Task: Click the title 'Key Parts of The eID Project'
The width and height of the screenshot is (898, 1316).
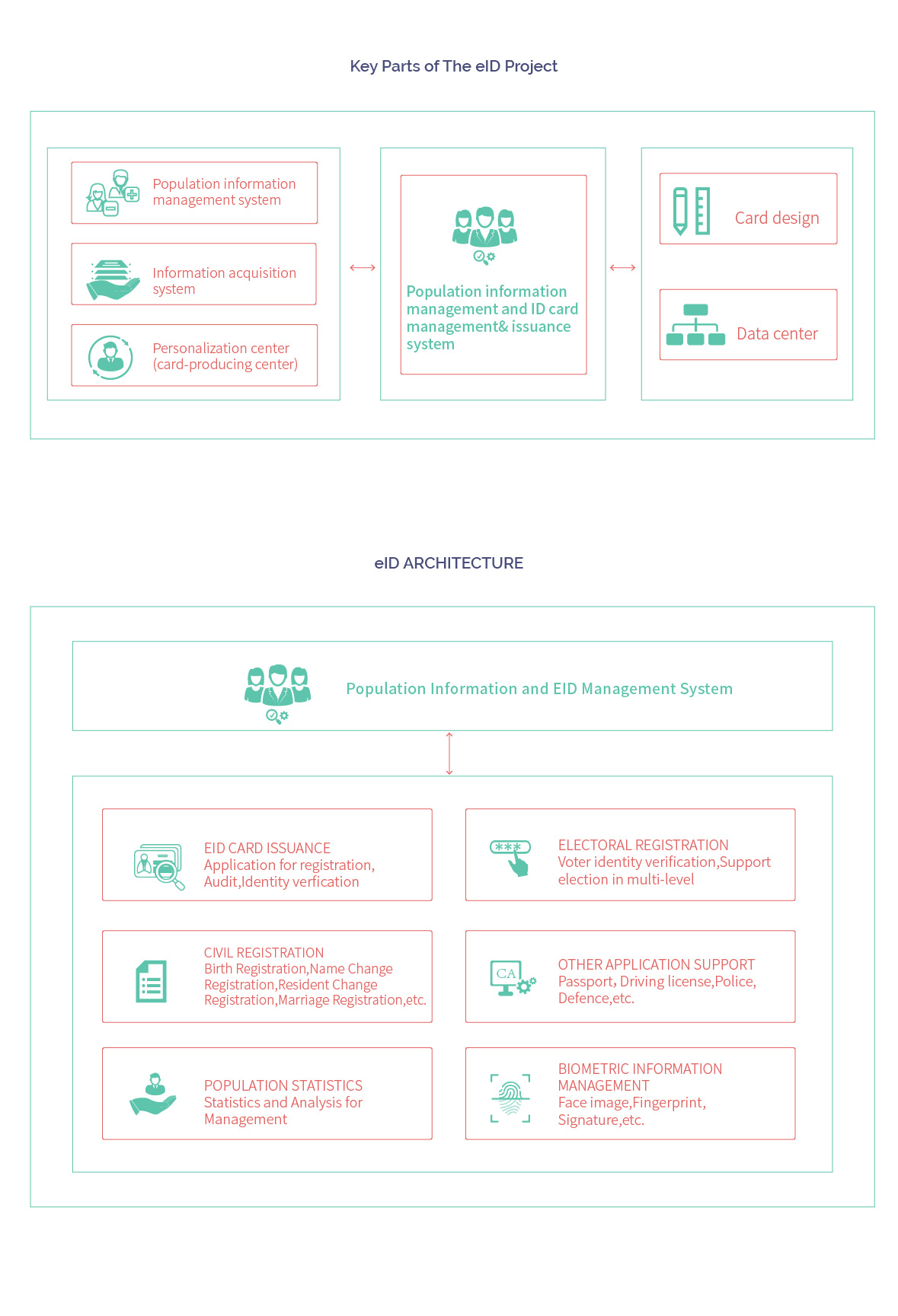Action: pos(453,66)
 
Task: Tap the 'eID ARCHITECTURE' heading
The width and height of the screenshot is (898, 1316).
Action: pos(449,563)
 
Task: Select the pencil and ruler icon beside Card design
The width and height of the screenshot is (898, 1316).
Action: pos(692,211)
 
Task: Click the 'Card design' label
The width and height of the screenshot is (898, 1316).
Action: pos(777,218)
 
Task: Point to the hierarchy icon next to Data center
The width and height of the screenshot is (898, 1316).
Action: pos(695,325)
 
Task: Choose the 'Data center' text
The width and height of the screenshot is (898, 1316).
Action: pos(777,334)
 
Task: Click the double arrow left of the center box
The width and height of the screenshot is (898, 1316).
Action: pos(363,268)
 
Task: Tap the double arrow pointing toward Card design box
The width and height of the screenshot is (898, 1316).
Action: pos(623,268)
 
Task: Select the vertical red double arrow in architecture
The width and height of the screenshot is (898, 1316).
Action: pos(449,754)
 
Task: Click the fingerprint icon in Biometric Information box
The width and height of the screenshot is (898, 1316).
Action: pos(510,1098)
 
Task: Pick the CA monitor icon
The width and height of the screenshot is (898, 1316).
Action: pos(512,978)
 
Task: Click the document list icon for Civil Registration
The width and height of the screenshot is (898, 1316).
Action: pos(151,981)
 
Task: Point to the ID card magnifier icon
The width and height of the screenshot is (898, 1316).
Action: pos(159,866)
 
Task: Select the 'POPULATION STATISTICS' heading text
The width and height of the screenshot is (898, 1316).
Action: pos(283,1085)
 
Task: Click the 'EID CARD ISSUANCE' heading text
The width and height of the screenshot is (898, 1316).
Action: pos(267,848)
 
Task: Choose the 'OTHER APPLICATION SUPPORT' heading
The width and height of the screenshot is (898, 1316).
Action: pos(656,964)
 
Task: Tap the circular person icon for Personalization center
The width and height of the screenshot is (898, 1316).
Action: pos(110,357)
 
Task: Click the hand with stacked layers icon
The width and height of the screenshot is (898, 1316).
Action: pos(113,280)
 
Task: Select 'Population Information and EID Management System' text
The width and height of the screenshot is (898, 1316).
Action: pos(539,689)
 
